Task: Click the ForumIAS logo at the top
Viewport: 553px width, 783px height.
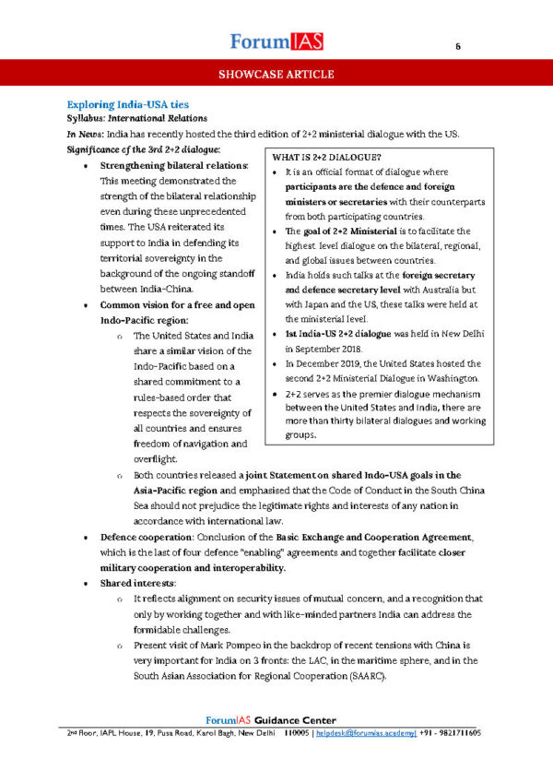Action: click(276, 41)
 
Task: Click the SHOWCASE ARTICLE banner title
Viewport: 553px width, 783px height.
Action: click(276, 75)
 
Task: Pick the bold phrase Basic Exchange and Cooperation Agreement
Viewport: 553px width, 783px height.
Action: click(360, 537)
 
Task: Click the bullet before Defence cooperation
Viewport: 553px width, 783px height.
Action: click(86, 537)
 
